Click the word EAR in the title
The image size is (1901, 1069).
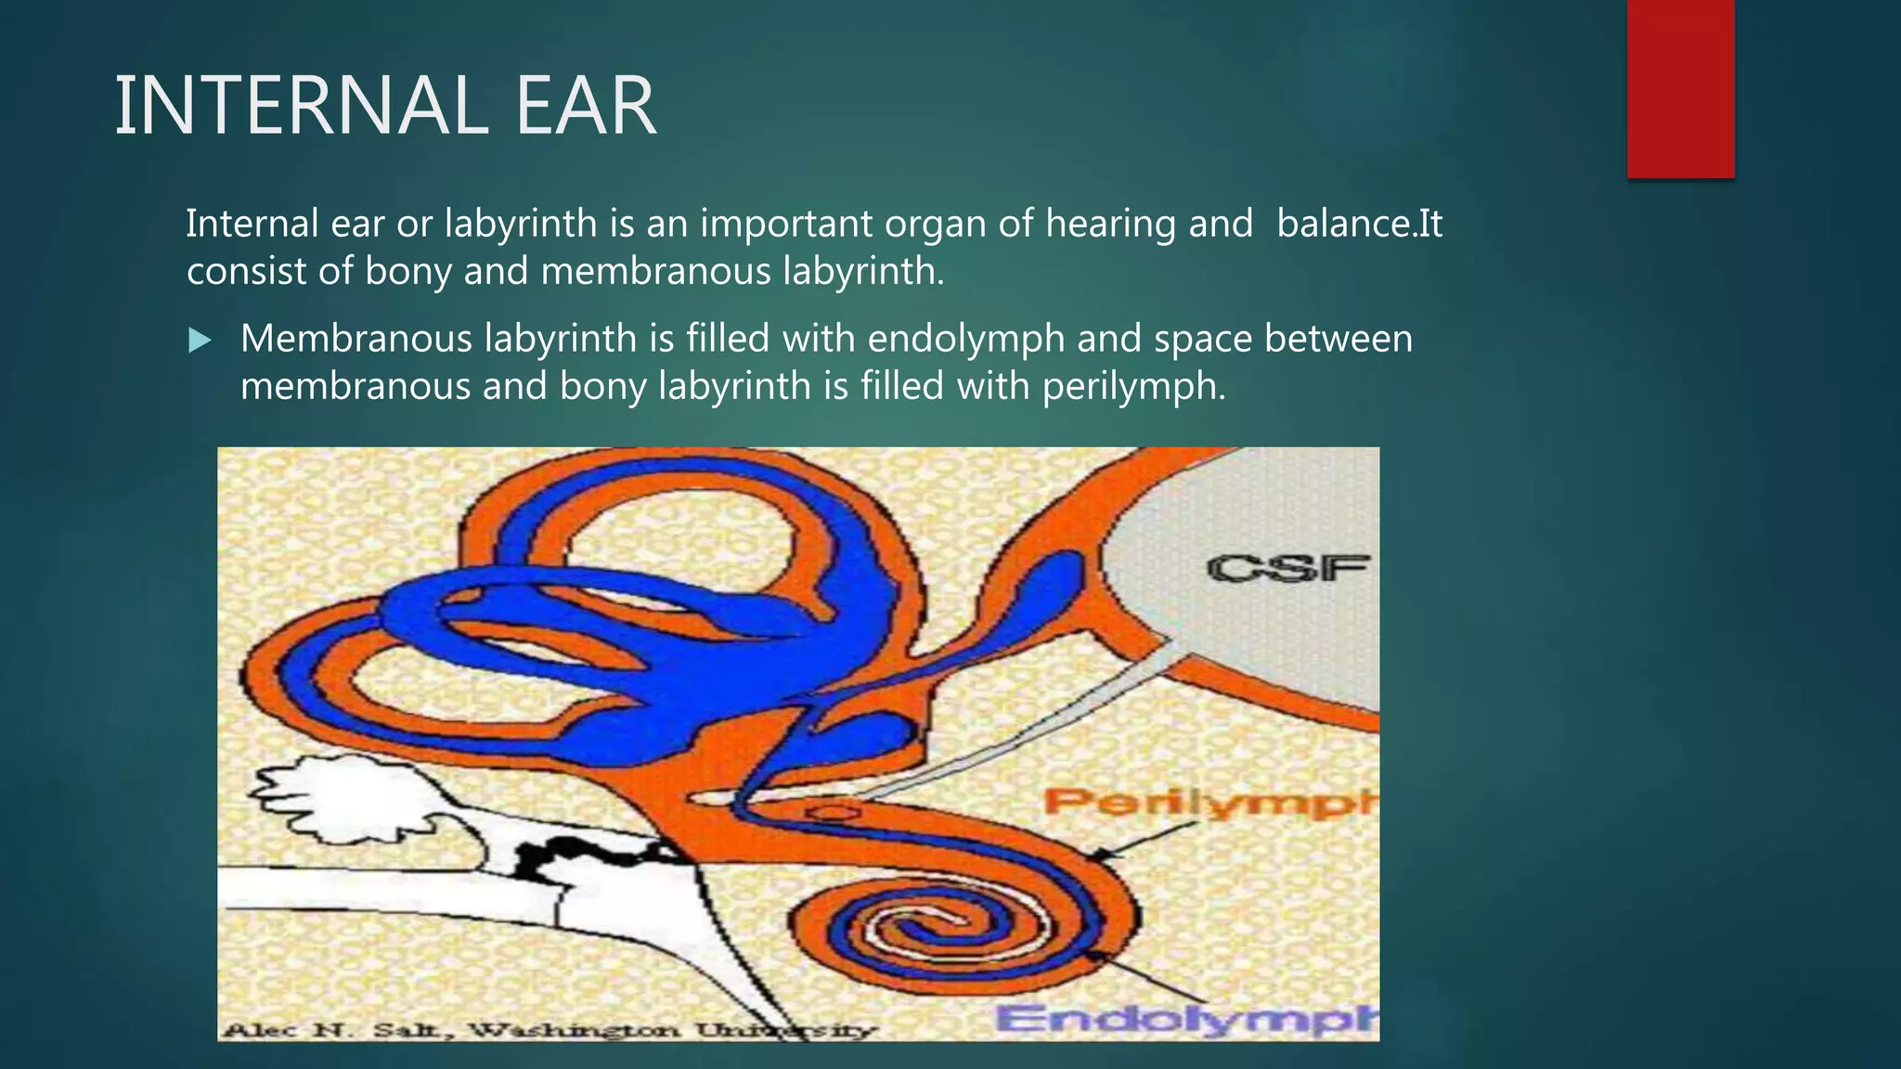point(585,107)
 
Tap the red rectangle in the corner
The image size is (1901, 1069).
point(1680,88)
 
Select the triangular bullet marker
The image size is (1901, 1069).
point(199,341)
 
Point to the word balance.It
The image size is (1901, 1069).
point(1359,224)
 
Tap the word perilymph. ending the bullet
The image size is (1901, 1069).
point(1133,386)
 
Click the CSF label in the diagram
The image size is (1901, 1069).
point(1288,569)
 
